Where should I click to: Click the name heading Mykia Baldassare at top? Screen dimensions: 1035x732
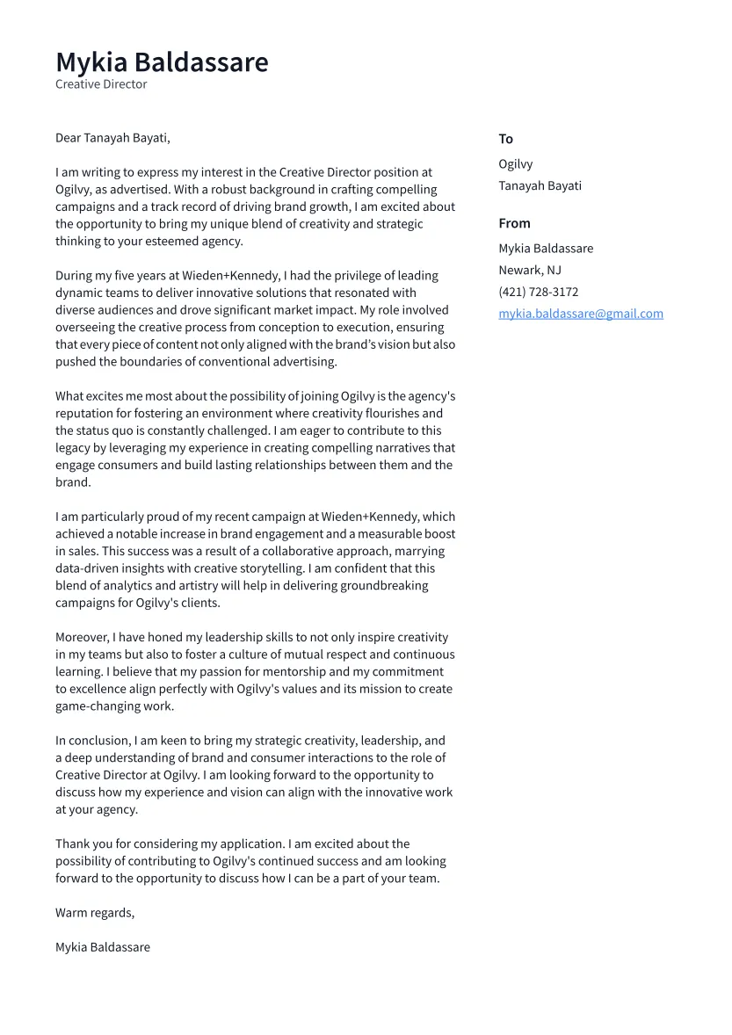[x=162, y=62]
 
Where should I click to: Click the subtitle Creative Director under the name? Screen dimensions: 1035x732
[x=101, y=84]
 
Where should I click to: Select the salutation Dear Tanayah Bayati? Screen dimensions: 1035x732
[x=112, y=138]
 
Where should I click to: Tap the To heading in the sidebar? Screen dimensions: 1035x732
[x=505, y=139]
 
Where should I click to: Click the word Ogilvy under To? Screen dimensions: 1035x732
[x=515, y=164]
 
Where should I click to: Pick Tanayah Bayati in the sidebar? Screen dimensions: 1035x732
[x=540, y=185]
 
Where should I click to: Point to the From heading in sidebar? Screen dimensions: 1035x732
[x=514, y=223]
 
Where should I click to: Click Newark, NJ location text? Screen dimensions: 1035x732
[x=530, y=270]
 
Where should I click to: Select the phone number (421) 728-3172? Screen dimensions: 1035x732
[x=538, y=292]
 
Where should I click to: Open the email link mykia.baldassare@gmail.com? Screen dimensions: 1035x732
[x=581, y=314]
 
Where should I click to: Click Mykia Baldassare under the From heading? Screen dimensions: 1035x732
[x=546, y=249]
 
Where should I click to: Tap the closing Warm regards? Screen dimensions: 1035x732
[x=95, y=913]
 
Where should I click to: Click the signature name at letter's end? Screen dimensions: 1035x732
[x=103, y=947]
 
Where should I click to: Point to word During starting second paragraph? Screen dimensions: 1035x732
[x=75, y=276]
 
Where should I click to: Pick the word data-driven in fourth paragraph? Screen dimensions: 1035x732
[x=89, y=568]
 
